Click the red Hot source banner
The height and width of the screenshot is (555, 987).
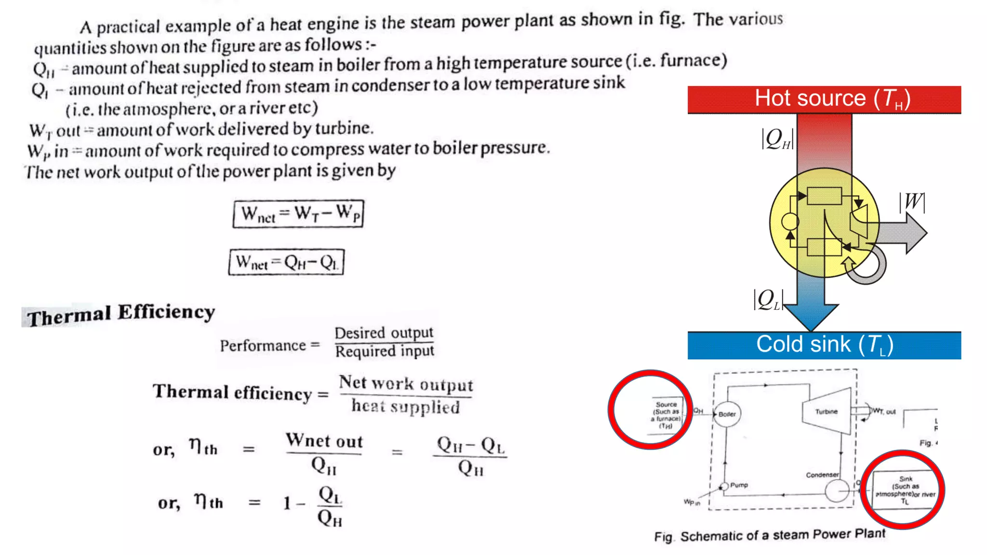pyautogui.click(x=824, y=99)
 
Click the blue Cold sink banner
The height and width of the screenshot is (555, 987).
pyautogui.click(x=824, y=345)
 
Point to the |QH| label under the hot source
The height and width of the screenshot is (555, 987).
pyautogui.click(x=777, y=139)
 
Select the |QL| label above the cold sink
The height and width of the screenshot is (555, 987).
pyautogui.click(x=768, y=300)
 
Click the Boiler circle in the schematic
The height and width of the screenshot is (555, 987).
pyautogui.click(x=727, y=414)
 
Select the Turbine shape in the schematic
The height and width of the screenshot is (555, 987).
pyautogui.click(x=827, y=411)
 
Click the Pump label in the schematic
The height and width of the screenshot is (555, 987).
pyautogui.click(x=739, y=485)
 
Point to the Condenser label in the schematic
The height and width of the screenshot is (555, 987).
pyautogui.click(x=822, y=475)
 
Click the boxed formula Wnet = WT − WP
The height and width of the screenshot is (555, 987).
pyautogui.click(x=298, y=213)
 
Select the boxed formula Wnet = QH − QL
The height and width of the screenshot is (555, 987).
pyautogui.click(x=287, y=262)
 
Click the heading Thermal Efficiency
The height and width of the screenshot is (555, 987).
pyautogui.click(x=120, y=315)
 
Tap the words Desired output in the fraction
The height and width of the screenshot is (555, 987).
pyautogui.click(x=384, y=333)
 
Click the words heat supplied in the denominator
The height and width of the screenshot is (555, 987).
pyautogui.click(x=405, y=407)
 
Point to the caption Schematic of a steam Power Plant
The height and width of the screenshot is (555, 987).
pyautogui.click(x=782, y=535)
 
